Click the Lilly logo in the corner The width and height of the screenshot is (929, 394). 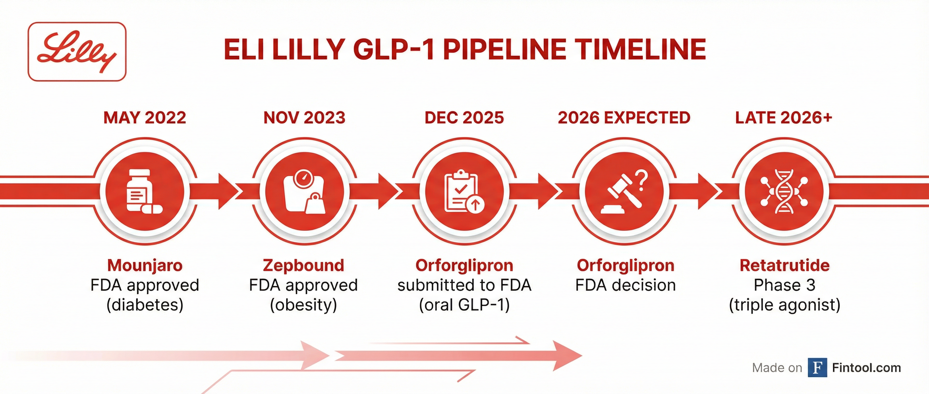tap(77, 51)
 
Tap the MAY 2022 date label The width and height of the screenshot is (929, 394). tap(145, 118)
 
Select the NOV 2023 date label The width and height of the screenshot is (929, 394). tap(304, 118)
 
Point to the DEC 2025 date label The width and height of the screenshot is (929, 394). tap(464, 118)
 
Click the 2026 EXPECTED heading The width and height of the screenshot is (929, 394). tap(624, 118)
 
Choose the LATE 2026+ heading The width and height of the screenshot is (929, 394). tap(784, 118)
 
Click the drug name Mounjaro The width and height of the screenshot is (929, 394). tap(145, 265)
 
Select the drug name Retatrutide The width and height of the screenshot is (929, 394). tap(784, 265)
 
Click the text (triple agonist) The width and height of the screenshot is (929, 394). tap(784, 305)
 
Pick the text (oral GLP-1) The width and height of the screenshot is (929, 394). tap(464, 305)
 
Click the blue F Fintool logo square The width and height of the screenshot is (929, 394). tap(817, 368)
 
